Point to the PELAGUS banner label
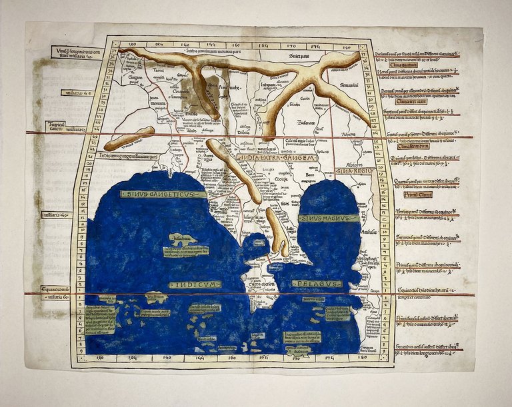pyautogui.click(x=317, y=284)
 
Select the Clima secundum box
pyautogui.click(x=413, y=146)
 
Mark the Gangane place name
pyautogui.click(x=135, y=77)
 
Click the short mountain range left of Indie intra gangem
pyautogui.click(x=129, y=138)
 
